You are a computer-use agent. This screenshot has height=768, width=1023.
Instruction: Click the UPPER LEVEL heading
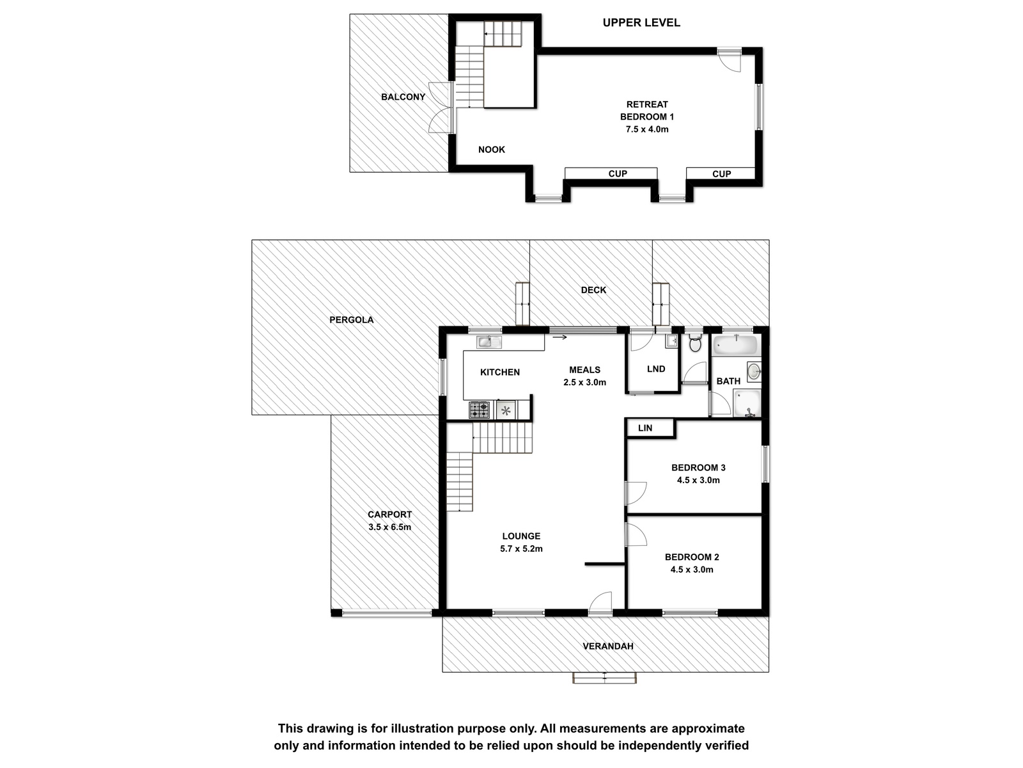coord(641,22)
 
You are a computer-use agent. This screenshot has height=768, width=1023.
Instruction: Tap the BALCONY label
coord(403,97)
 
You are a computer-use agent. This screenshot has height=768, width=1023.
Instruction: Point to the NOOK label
coord(492,150)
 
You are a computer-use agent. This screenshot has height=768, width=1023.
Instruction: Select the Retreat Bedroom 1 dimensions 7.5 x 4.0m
coord(647,129)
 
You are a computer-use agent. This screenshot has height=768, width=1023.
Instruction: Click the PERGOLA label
coord(352,320)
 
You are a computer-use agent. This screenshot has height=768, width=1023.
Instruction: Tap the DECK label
coord(593,290)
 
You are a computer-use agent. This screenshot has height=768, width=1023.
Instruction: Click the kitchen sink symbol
coord(489,342)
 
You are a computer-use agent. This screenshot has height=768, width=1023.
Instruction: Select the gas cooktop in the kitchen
coord(479,410)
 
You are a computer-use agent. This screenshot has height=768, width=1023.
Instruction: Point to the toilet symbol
coord(695,343)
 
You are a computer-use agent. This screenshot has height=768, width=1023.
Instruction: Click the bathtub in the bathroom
coord(736,346)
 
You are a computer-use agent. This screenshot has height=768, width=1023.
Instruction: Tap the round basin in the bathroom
coord(754,372)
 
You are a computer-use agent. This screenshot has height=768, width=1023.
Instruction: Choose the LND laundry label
coord(656,369)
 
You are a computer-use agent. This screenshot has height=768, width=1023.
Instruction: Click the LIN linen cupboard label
coord(645,428)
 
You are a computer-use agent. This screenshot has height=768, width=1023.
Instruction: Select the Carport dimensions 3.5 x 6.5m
coord(389,527)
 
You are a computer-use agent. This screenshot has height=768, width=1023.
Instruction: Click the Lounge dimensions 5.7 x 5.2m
coord(521,549)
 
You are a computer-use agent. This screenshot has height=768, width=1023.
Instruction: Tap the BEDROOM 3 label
coord(698,468)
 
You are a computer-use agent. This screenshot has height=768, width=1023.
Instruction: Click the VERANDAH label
coord(608,646)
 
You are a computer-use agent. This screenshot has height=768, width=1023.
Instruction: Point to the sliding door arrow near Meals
coord(559,337)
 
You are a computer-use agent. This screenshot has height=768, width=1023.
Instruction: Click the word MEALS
coord(584,370)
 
